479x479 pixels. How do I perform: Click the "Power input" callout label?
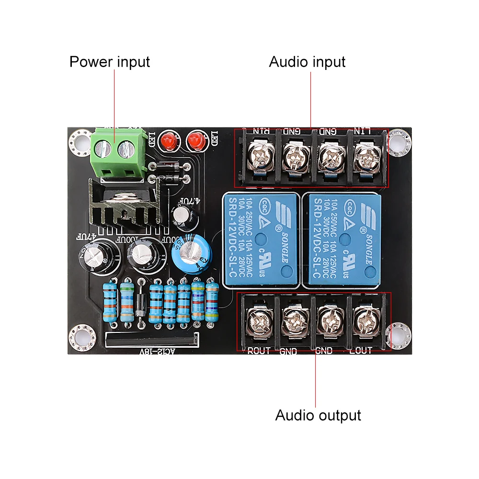click(x=109, y=62)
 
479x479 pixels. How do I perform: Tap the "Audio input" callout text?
click(x=307, y=62)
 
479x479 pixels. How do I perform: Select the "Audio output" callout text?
click(x=318, y=415)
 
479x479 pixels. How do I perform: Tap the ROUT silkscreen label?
click(x=259, y=351)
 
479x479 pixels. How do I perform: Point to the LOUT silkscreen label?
click(x=360, y=351)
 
